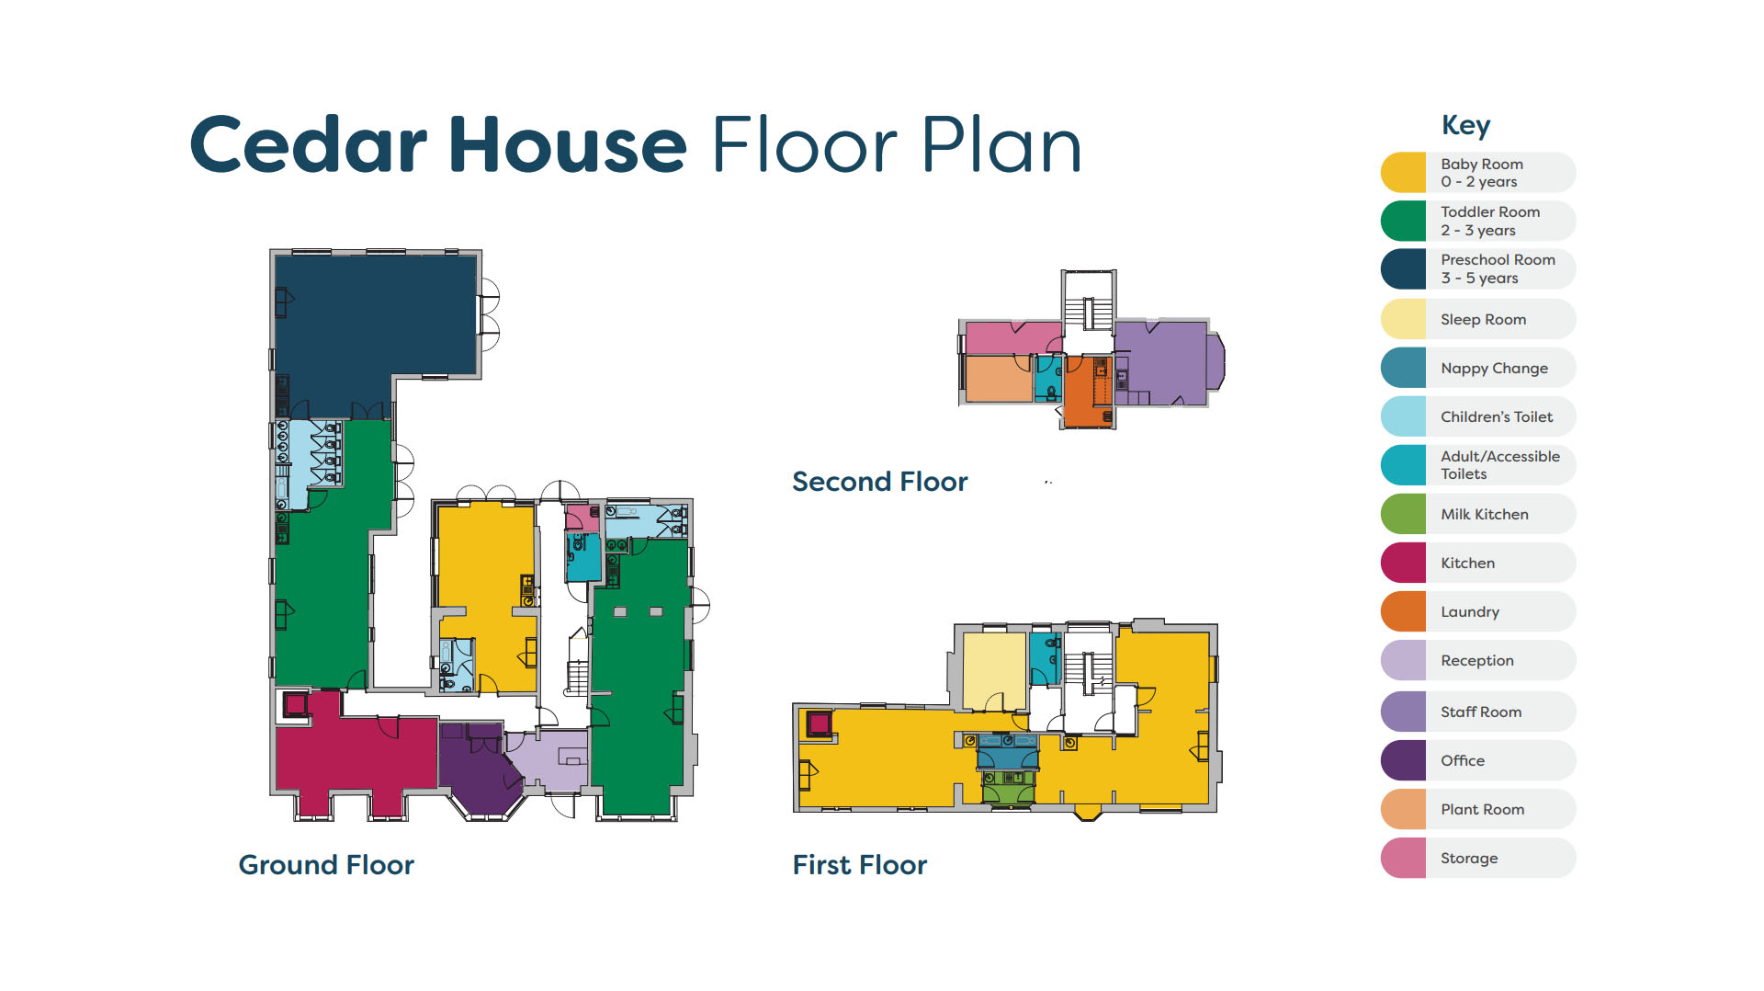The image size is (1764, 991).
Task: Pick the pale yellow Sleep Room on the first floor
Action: (994, 671)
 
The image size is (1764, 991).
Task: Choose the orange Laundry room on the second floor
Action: (1088, 393)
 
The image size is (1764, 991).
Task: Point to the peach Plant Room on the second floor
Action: (998, 379)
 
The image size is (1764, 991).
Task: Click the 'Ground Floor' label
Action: (326, 865)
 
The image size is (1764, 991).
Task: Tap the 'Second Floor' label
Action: (880, 482)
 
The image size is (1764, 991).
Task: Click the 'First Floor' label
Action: (860, 865)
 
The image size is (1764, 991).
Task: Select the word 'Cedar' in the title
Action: (309, 144)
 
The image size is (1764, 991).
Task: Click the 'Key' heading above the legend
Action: (1465, 125)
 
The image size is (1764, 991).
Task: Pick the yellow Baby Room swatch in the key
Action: (1403, 173)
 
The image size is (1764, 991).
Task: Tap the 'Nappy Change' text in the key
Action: (1494, 369)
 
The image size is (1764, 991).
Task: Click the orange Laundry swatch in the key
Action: (1403, 611)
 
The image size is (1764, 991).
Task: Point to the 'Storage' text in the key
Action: (1469, 859)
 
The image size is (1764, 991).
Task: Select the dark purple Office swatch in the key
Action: (1403, 760)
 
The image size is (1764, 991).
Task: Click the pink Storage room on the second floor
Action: (1011, 337)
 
